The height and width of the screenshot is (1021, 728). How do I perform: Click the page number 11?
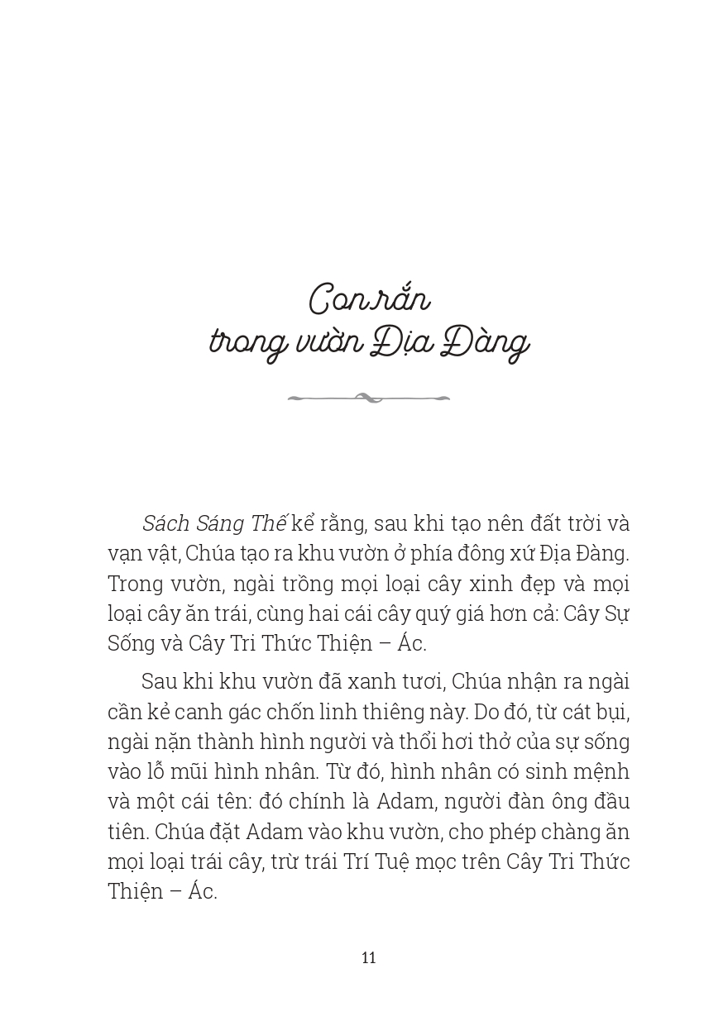point(369,957)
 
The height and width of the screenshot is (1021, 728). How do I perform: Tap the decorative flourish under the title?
point(369,398)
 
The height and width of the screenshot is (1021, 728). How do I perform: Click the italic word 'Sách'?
point(166,524)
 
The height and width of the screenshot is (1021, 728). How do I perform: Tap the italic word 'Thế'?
point(267,524)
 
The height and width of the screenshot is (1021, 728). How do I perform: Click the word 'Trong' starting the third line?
point(135,584)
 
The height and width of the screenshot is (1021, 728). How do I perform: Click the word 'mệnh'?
point(601,772)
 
